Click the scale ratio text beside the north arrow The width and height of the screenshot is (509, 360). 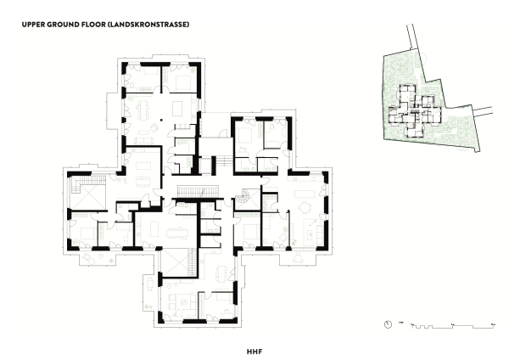point(400,323)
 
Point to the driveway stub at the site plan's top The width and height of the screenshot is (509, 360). point(417,38)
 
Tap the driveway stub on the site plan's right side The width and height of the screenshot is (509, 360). point(484,110)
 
